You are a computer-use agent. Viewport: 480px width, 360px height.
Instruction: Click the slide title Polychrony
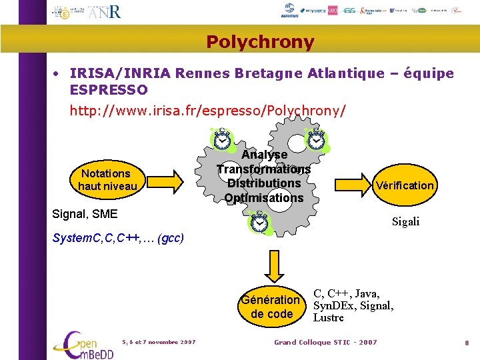click(260, 42)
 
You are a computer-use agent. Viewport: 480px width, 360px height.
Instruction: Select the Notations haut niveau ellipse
click(107, 180)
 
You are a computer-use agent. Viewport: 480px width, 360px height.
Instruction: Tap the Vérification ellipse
click(405, 185)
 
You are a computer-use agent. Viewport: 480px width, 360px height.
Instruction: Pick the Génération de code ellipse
click(271, 307)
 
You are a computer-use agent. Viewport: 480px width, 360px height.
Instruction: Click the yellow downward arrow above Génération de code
click(271, 267)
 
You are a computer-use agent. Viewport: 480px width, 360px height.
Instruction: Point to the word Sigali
click(405, 222)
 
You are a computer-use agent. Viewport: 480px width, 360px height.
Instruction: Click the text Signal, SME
click(85, 214)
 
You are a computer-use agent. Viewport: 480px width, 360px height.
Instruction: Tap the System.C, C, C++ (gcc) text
click(117, 238)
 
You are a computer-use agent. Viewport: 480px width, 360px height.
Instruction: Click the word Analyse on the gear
click(265, 155)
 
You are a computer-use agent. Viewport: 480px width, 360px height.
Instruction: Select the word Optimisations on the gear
click(264, 198)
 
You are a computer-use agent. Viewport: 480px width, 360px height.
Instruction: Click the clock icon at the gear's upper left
click(222, 139)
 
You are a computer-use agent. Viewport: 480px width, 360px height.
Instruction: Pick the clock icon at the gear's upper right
click(317, 139)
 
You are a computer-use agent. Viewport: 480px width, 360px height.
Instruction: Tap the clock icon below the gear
click(259, 222)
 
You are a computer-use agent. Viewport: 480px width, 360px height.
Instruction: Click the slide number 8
click(467, 343)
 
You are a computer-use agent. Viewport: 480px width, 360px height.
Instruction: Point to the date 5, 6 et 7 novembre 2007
click(159, 342)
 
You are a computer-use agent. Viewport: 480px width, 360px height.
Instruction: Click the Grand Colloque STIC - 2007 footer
click(325, 342)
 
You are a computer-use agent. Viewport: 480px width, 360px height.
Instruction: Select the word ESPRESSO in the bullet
click(109, 89)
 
